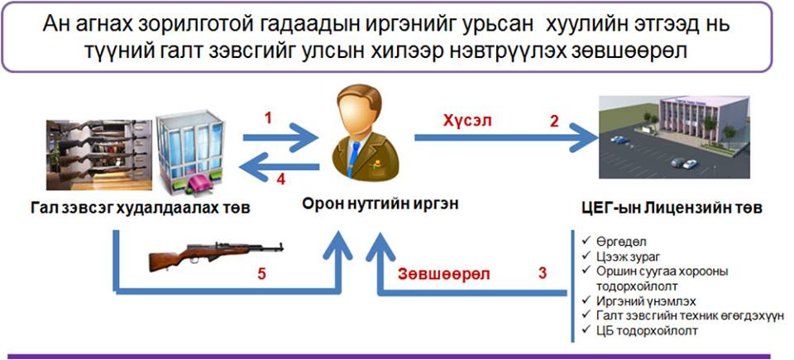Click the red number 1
pyautogui.click(x=268, y=118)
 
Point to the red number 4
pyautogui.click(x=280, y=179)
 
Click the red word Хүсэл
pyautogui.click(x=468, y=119)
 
